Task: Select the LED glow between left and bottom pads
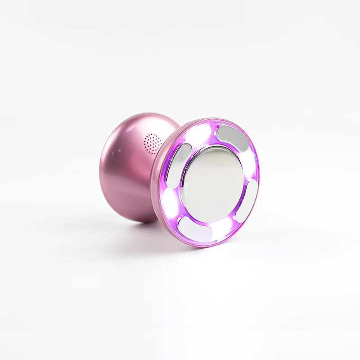pos(170,198)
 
